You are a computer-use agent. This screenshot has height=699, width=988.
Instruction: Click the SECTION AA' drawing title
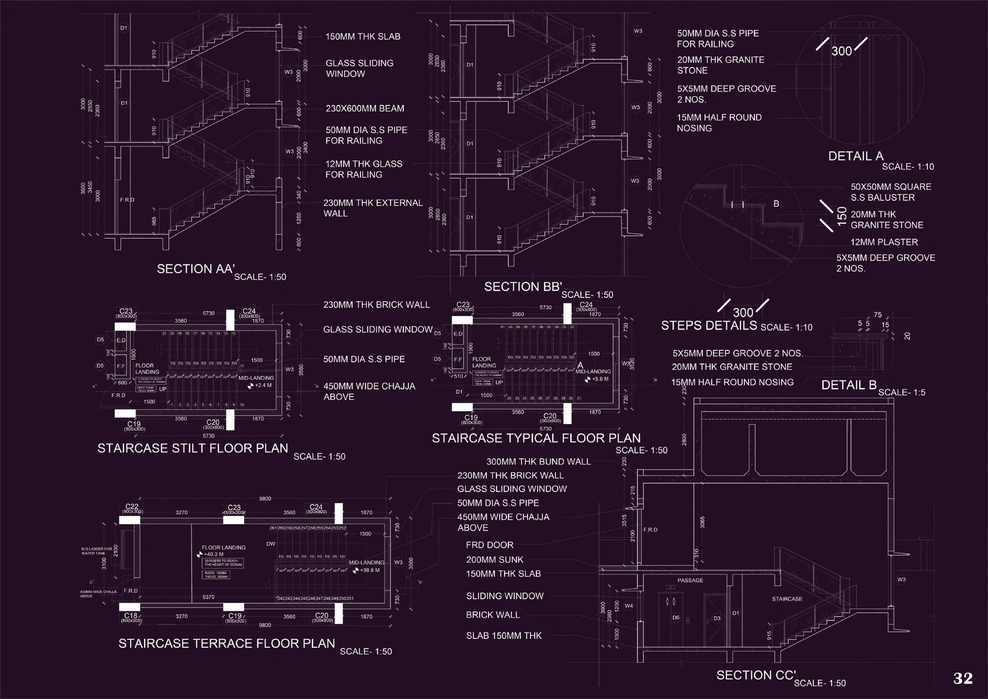[195, 269]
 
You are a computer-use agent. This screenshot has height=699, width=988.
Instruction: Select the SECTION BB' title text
[523, 287]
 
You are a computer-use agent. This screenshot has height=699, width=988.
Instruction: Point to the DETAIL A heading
[856, 156]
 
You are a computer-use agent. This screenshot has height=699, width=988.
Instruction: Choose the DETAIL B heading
[849, 385]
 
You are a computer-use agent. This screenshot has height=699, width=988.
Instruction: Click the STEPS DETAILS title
[709, 326]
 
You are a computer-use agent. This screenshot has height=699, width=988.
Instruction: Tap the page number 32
[963, 678]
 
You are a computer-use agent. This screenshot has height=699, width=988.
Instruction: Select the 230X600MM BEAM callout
[365, 108]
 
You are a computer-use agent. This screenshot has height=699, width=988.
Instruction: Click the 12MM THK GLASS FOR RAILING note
[364, 169]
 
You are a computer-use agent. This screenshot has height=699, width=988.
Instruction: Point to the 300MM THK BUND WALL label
[538, 462]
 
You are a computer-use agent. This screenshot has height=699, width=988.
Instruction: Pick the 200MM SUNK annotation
[495, 560]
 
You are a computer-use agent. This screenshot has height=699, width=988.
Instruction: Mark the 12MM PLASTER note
[884, 242]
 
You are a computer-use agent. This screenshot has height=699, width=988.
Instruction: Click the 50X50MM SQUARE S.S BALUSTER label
[891, 192]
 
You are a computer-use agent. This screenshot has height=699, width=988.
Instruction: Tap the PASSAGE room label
[690, 580]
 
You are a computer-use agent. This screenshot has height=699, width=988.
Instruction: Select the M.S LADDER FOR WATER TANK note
[97, 551]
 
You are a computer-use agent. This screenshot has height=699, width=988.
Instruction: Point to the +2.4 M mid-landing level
[263, 385]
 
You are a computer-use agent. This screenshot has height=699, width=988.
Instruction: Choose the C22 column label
[132, 507]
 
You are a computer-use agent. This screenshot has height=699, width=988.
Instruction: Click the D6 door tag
[676, 618]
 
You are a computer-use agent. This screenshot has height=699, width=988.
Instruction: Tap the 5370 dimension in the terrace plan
[209, 597]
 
